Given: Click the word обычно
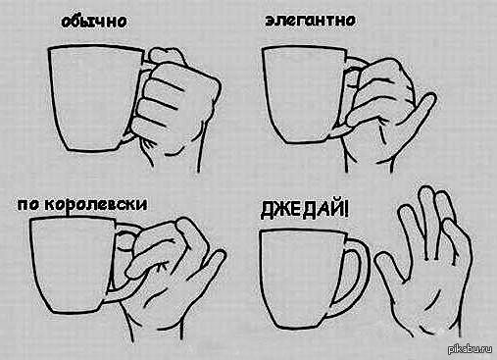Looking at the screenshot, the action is (x=94, y=22).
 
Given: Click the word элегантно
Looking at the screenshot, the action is (x=310, y=21).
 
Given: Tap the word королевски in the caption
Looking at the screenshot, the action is (x=95, y=205).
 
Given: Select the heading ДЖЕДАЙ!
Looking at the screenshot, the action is (x=305, y=210).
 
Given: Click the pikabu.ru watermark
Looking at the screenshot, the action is (x=471, y=349).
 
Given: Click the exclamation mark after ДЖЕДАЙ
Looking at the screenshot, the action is (x=346, y=210).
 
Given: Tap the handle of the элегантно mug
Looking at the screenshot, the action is (x=351, y=66).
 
